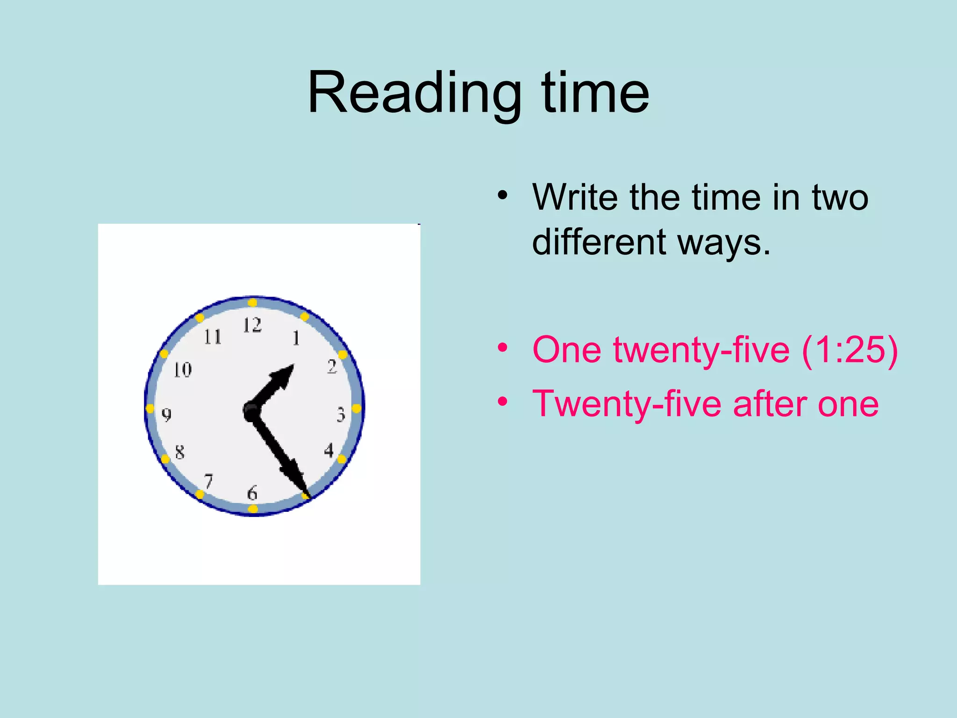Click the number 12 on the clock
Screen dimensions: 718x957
(252, 325)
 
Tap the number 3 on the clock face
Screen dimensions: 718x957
(341, 415)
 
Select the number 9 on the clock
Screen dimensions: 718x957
(166, 415)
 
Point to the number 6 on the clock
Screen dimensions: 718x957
(252, 493)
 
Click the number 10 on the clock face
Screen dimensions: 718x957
(183, 370)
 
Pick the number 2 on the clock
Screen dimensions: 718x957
(332, 366)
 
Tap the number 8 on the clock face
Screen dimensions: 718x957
(180, 452)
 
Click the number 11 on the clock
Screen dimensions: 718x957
(213, 337)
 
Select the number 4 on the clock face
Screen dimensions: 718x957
(329, 451)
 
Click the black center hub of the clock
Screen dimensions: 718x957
(252, 411)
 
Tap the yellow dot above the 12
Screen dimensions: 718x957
(252, 302)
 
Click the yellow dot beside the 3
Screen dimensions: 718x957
(356, 409)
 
